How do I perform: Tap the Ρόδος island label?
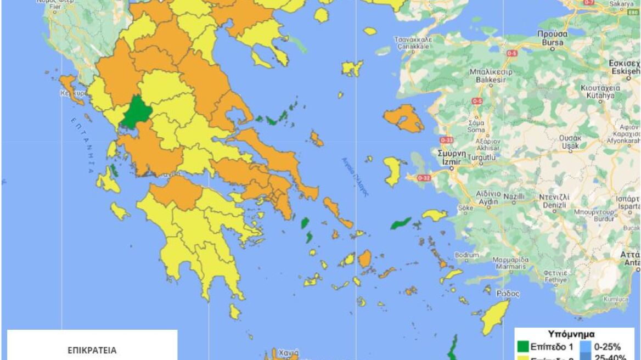(x=508, y=294)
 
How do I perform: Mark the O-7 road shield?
(x=589, y=2)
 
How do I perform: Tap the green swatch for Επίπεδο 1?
(x=523, y=347)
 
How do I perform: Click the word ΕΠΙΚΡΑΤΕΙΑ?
(x=92, y=350)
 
